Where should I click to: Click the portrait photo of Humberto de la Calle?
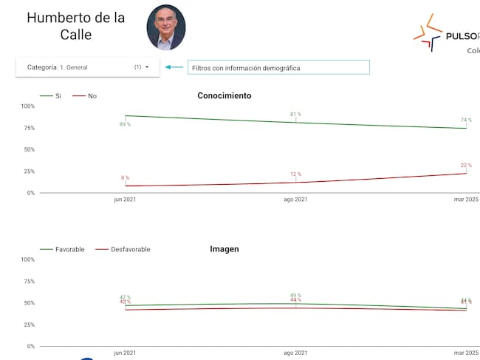166,27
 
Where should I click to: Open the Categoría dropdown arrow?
147,67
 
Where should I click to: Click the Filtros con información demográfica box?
278,68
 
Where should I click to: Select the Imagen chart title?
224,249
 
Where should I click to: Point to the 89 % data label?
125,124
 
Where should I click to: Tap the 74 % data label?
466,120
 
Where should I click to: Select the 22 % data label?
466,165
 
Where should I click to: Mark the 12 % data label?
295,174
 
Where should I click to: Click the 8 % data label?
125,178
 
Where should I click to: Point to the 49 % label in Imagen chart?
295,296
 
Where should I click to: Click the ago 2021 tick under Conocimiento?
295,200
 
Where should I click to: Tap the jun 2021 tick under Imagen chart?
125,353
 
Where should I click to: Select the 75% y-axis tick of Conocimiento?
27,128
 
